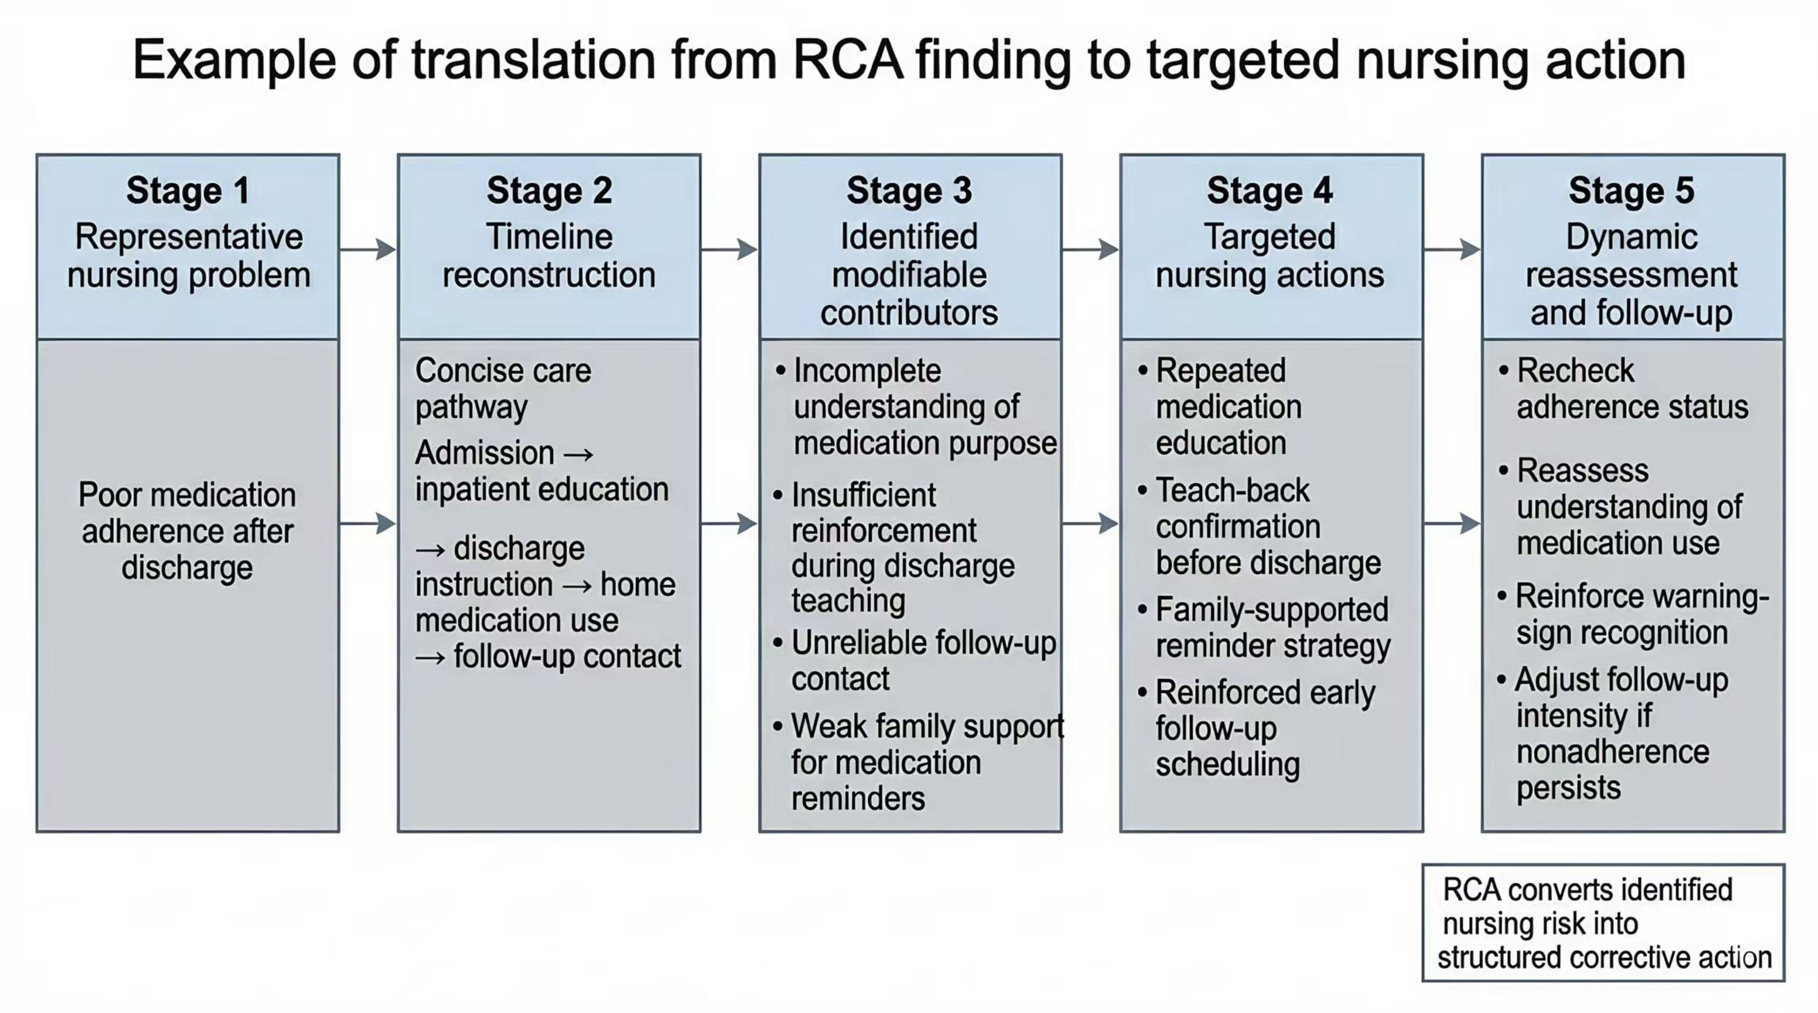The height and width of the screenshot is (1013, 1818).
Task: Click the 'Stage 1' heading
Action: point(188,190)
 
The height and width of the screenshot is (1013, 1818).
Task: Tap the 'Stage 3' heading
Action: point(910,190)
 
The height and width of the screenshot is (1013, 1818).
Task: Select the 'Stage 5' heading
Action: point(1632,190)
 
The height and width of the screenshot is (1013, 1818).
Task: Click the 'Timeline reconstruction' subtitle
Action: point(549,255)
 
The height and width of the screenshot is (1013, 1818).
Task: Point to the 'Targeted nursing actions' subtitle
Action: point(1270,255)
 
